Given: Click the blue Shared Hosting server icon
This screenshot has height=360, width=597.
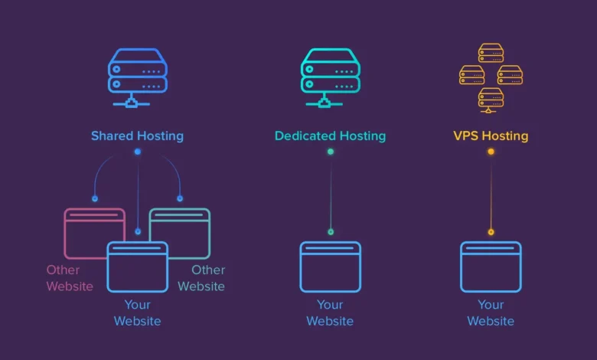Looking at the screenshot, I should click(138, 77).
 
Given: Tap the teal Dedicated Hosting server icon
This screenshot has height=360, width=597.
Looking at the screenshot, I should click(331, 77).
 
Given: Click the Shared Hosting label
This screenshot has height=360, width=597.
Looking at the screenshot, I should click(138, 136).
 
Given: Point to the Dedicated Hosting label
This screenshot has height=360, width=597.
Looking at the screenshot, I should click(331, 136).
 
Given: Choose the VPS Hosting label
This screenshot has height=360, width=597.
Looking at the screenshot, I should click(491, 136).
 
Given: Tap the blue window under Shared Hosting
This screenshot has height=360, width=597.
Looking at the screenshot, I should click(138, 267).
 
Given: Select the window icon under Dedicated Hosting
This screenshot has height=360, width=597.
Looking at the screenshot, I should click(331, 267).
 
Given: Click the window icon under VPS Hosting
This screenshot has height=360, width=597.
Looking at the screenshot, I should click(491, 267).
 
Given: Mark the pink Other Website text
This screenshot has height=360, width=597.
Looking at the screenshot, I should click(69, 278).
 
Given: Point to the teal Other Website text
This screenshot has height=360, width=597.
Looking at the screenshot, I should click(202, 278).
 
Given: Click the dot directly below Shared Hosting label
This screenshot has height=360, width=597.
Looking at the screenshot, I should click(138, 152).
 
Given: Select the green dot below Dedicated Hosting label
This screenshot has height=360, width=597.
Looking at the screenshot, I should click(331, 152).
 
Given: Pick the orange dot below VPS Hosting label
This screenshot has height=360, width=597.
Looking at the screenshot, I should click(491, 152).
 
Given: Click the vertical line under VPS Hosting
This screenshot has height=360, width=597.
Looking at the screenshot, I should click(491, 191).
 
